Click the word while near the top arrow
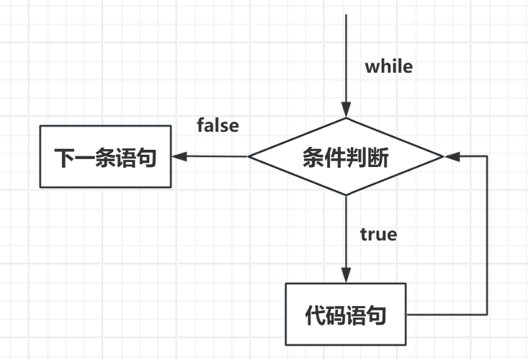pos(389,67)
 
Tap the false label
pos(218,125)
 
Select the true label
pos(378,234)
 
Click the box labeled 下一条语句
pos(105,157)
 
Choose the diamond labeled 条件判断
pos(346,156)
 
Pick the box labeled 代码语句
pos(345,315)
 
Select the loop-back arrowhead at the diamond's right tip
pos(449,156)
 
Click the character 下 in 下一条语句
pos(65,158)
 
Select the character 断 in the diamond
pos(376,158)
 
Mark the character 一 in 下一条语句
pos(85,158)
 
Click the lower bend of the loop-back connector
pos(488,315)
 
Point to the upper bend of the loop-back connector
pos(488,156)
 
